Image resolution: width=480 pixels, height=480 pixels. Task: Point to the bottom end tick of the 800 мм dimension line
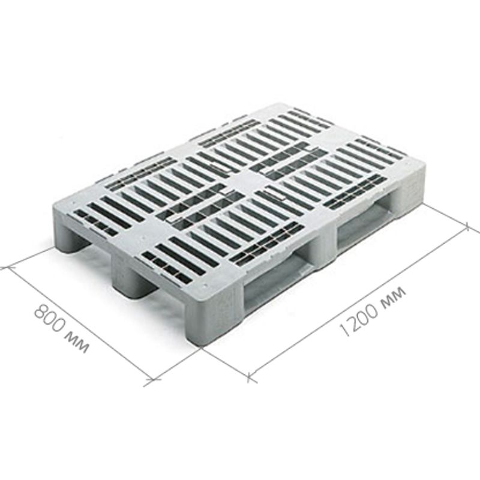coord(153,380)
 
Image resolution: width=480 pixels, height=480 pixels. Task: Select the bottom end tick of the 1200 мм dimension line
coord(251,377)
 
